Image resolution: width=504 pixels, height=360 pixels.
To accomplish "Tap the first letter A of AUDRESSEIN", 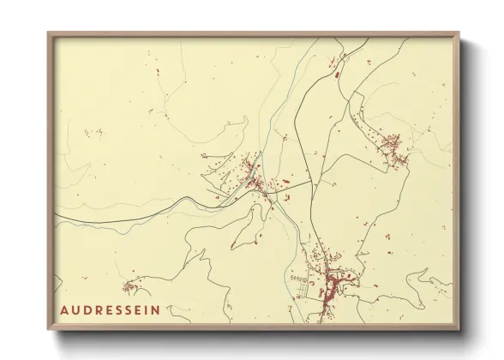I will pos(65,309).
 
